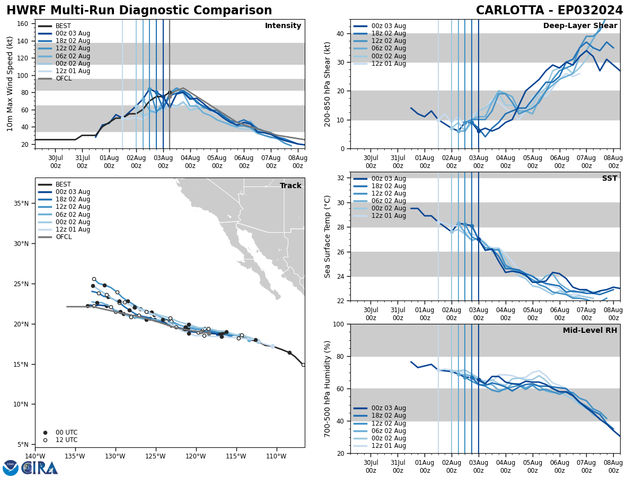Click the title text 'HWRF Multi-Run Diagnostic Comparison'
pyautogui.click(x=139, y=11)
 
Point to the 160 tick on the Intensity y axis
pyautogui.click(x=25, y=23)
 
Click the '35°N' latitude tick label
pyautogui.click(x=21, y=204)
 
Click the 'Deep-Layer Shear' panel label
pyautogui.click(x=580, y=26)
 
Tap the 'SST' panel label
pyautogui.click(x=609, y=179)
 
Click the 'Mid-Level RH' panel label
pyautogui.click(x=590, y=331)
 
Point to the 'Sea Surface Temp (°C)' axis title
pyautogui.click(x=328, y=236)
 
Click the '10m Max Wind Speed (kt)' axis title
pyautogui.click(x=10, y=84)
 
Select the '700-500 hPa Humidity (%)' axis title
pyautogui.click(x=328, y=388)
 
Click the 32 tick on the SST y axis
pyautogui.click(x=341, y=178)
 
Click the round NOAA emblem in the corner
pyautogui.click(x=11, y=468)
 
